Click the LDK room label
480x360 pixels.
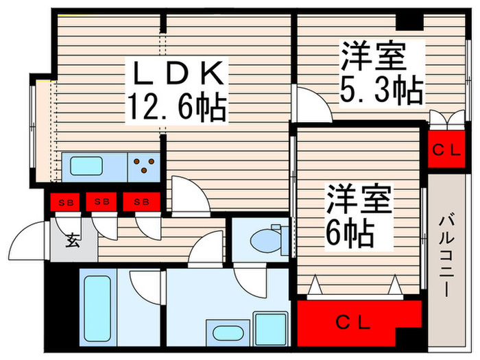coord(178,73)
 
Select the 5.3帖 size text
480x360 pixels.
coord(382,90)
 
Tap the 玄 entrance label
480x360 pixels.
coord(73,240)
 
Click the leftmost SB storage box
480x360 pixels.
coord(65,202)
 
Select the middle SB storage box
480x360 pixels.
coord(101,202)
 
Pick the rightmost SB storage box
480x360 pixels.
coord(142,202)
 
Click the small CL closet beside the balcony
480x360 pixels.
coord(446,149)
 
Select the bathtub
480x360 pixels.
coord(97,309)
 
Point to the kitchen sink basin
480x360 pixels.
coord(86,166)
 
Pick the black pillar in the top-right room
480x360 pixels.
coord(409,22)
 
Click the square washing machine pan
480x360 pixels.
coord(272,329)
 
